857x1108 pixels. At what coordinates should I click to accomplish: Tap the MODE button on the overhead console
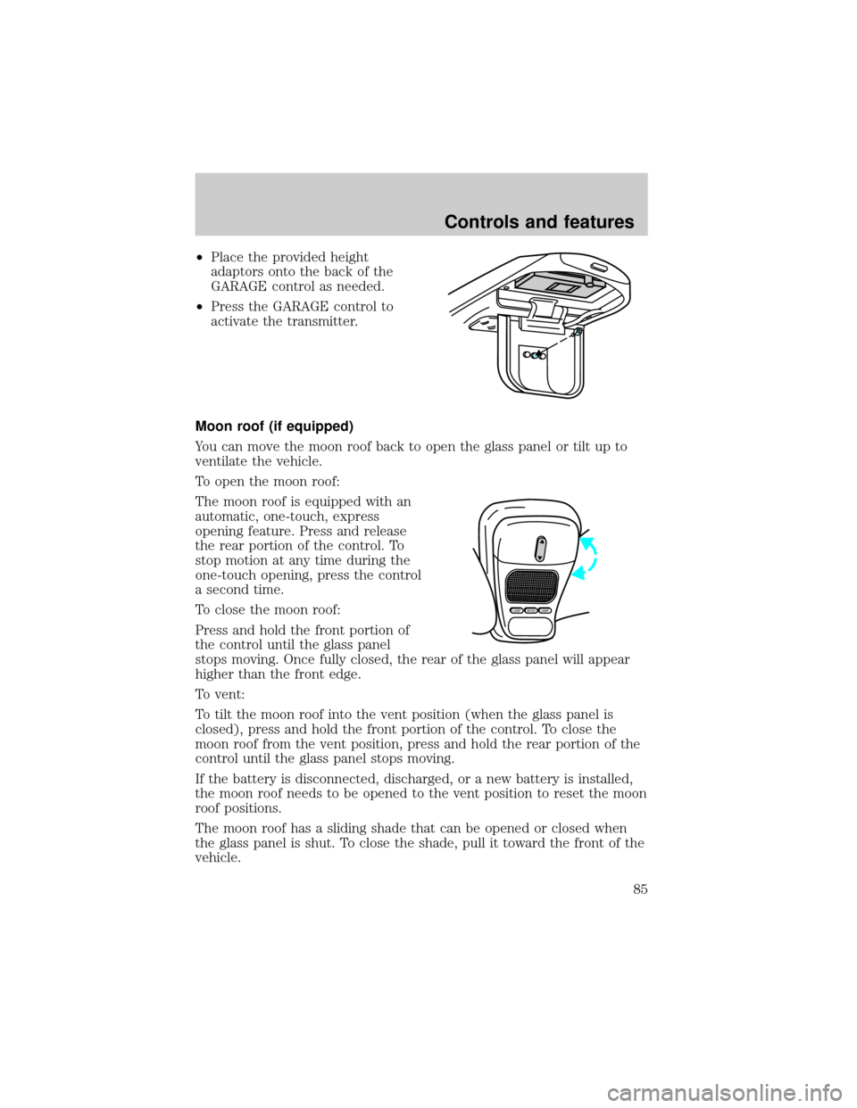tap(530, 610)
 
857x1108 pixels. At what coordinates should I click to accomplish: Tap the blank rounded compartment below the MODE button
tap(531, 625)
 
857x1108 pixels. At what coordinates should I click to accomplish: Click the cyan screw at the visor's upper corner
tap(578, 332)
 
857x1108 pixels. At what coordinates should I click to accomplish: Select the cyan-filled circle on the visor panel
tap(534, 355)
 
